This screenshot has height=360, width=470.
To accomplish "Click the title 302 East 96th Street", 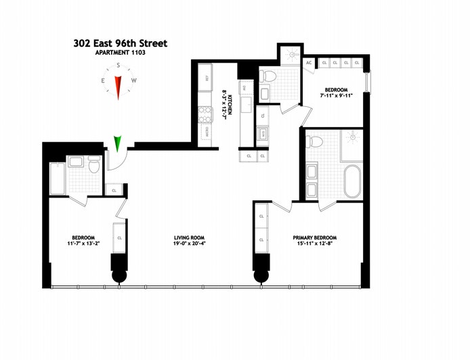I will [x=121, y=43].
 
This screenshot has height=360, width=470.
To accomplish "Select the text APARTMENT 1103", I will [x=121, y=52].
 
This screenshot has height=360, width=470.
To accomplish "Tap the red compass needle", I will [x=119, y=87].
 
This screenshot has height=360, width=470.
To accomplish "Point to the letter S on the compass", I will [x=119, y=66].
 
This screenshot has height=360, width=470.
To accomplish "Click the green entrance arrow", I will [x=119, y=143].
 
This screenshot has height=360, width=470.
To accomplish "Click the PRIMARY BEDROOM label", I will [x=314, y=238].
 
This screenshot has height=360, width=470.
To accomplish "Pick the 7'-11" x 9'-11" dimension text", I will [x=335, y=96].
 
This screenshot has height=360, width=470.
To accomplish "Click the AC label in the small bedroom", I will [x=309, y=63].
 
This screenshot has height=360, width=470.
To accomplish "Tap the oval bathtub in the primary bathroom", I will [x=352, y=181].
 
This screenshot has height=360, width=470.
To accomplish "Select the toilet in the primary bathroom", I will [x=314, y=141].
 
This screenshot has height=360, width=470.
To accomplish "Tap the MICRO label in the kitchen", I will [x=205, y=132].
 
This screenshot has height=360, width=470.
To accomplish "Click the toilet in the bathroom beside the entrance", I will [x=93, y=164].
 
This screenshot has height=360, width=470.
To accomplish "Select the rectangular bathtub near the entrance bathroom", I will [x=57, y=178].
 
